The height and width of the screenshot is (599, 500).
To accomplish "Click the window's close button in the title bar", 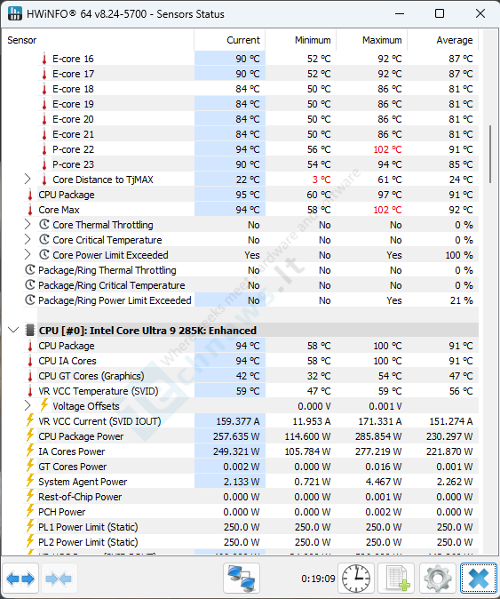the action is click(x=480, y=13).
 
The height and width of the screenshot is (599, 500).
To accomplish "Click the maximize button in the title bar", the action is click(x=440, y=13).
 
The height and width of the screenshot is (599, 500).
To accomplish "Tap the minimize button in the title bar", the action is click(x=400, y=13).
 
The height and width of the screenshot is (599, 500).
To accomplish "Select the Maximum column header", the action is click(x=382, y=40).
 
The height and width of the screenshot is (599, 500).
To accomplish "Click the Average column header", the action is click(x=455, y=40).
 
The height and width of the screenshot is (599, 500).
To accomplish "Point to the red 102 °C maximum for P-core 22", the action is click(x=387, y=149).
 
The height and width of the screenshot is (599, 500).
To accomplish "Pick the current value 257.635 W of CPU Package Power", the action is click(x=236, y=436).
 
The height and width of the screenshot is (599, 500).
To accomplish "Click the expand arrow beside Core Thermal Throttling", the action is click(x=28, y=224).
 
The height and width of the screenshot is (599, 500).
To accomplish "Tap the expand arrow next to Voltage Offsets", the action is click(x=28, y=405).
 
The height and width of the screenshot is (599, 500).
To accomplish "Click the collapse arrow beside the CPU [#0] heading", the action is click(x=13, y=330).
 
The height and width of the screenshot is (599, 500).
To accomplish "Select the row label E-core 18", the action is click(x=73, y=89).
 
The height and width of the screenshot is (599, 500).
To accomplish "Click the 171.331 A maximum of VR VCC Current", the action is click(x=380, y=421).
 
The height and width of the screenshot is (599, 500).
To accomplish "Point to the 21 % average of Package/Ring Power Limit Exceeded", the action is click(x=462, y=300).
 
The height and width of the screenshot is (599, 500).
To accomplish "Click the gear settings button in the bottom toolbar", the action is click(x=438, y=579).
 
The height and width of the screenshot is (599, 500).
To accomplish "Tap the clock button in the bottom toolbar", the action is click(x=356, y=579).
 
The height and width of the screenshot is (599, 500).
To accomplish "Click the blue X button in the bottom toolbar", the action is click(x=479, y=579).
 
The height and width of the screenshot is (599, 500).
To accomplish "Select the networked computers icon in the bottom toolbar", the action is click(x=242, y=579).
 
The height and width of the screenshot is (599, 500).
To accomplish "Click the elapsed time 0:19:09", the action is click(x=318, y=579).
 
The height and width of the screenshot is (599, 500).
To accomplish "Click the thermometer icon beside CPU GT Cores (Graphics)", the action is click(x=30, y=376).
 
